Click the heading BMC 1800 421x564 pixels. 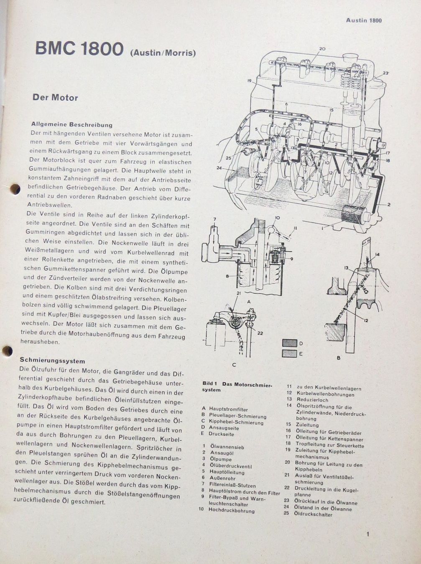(x=79, y=48)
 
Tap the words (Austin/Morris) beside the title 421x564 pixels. (x=163, y=53)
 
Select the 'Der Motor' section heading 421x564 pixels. (x=55, y=98)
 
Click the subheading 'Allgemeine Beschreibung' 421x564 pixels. (x=72, y=125)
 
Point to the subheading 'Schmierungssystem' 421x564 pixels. (x=52, y=361)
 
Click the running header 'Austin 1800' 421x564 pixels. (x=364, y=20)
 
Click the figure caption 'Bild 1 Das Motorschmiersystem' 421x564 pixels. (x=237, y=386)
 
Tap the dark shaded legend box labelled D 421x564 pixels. (x=289, y=343)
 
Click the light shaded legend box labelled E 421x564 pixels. (x=289, y=354)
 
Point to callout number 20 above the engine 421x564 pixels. (x=322, y=48)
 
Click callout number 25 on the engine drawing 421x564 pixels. (x=229, y=158)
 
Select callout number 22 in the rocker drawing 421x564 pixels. (x=260, y=333)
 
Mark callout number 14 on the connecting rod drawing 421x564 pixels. (x=377, y=254)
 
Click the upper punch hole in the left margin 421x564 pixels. (x=15, y=189)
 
